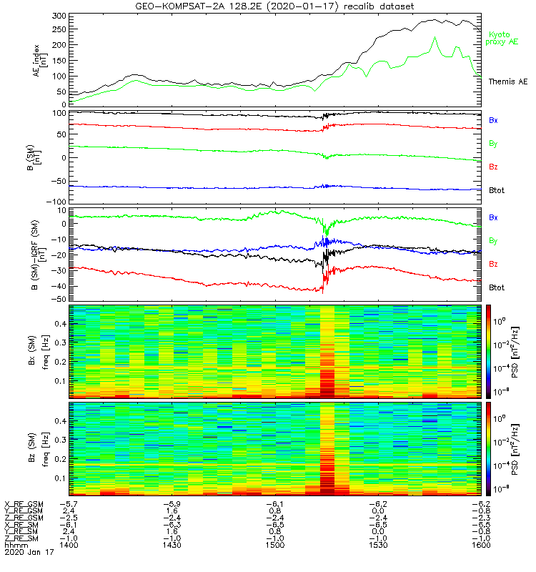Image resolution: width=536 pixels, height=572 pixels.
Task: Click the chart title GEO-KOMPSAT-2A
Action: point(274,6)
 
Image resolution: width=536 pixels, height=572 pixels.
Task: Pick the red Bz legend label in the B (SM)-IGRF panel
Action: point(495,264)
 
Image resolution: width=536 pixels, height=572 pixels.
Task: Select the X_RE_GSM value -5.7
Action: point(68,503)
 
